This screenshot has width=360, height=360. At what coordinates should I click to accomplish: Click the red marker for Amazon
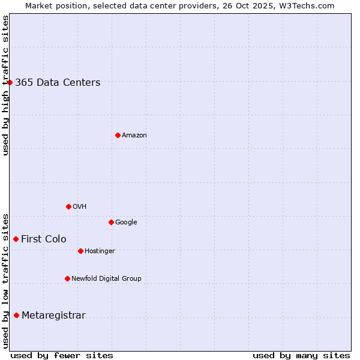pos(118,135)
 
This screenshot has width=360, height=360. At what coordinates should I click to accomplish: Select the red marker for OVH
pos(68,206)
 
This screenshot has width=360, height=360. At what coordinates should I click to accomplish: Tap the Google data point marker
pos(111,222)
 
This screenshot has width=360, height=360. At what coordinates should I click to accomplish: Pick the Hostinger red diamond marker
pos(80,251)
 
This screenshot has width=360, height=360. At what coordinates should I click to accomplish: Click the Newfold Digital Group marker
pos(67,278)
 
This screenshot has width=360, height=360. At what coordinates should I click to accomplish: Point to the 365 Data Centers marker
pos(10,82)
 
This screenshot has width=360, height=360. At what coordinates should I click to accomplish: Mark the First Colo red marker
pos(16,239)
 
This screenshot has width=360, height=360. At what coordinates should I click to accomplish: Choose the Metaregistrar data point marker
pos(16,315)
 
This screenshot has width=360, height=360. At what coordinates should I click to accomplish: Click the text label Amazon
pos(134,136)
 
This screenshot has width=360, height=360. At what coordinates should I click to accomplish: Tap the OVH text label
pos(80,207)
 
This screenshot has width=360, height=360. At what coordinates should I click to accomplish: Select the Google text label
pos(126,223)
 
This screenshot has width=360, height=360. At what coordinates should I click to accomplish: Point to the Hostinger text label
pos(100,251)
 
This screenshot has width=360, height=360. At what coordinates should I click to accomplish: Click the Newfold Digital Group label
pos(106,279)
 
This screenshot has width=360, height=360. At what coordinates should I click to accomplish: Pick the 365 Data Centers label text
pos(58,83)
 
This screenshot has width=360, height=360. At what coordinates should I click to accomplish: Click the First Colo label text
pos(44,239)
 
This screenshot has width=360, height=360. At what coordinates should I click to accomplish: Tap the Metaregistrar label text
pos(53,316)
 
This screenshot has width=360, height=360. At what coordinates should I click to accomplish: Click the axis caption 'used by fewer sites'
pos(62,356)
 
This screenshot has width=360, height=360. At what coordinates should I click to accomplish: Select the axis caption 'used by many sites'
pos(301,356)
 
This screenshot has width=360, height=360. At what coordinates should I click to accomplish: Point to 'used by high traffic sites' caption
pos(5,85)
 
